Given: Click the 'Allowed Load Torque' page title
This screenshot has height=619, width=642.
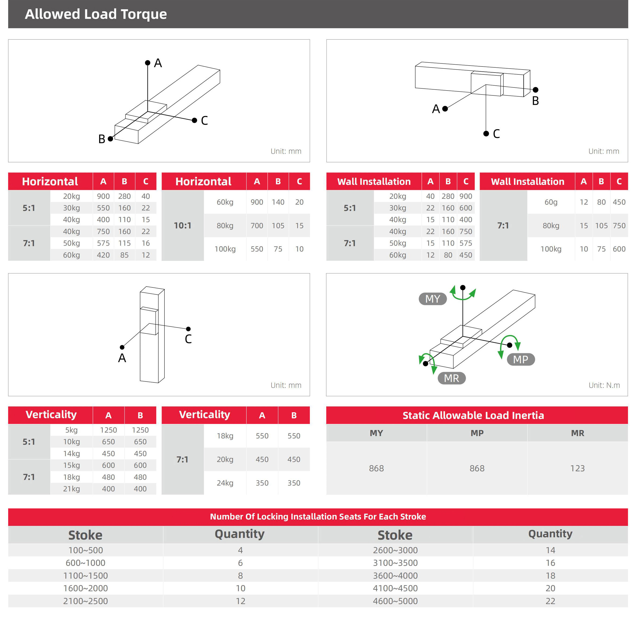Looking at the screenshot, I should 96,14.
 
